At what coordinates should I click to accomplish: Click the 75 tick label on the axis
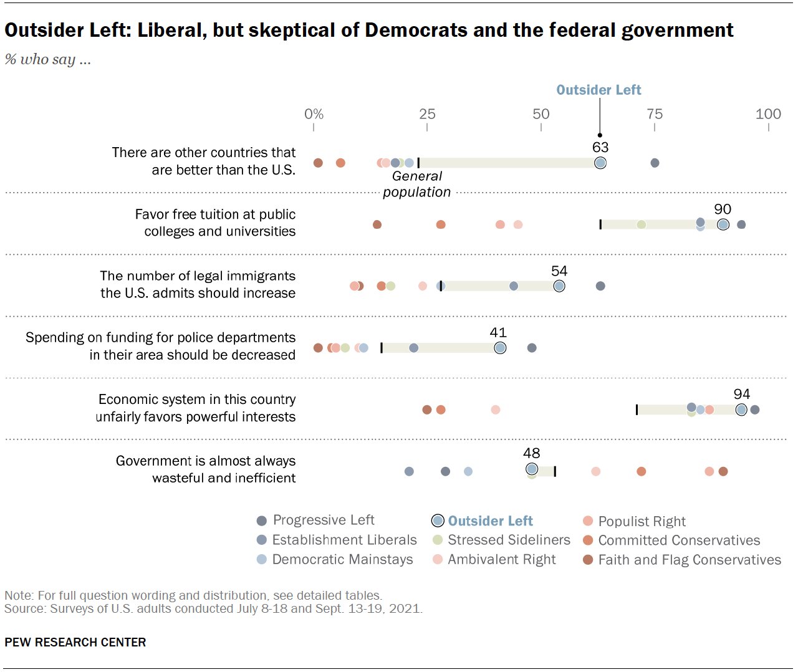[654, 113]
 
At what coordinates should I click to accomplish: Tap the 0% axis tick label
[314, 113]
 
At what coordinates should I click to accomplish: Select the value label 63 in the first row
[600, 147]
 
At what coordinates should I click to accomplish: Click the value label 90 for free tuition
[723, 209]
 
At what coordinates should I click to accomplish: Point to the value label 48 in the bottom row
[531, 453]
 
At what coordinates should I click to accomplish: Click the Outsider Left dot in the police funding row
[500, 348]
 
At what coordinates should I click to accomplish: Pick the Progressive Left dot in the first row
[655, 163]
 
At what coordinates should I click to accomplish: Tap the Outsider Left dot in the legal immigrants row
[559, 286]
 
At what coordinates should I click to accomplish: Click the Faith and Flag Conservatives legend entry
[689, 560]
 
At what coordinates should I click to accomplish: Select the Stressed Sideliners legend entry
[508, 540]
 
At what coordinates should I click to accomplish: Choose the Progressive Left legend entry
[323, 520]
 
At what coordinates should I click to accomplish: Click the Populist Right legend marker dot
[587, 521]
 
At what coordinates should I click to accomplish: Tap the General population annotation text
[416, 184]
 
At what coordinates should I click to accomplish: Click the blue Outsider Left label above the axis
[598, 90]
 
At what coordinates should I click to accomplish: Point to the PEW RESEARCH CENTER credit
[75, 642]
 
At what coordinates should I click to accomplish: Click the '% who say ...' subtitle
[48, 59]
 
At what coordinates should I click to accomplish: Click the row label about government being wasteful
[206, 469]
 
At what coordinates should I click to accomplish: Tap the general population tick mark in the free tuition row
[600, 224]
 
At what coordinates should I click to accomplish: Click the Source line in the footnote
[213, 608]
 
